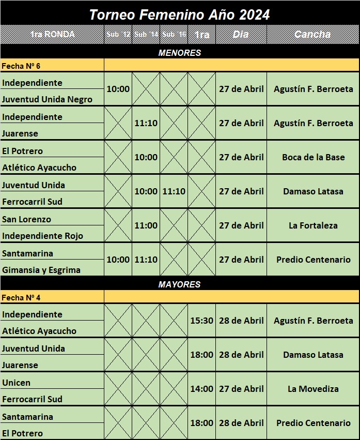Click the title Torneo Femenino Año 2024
click(179, 15)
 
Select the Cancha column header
click(312, 35)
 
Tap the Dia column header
click(241, 35)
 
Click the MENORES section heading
click(179, 53)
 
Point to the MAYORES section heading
click(179, 284)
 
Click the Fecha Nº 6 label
click(21, 66)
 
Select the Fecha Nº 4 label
click(21, 297)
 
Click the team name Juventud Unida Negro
click(47, 99)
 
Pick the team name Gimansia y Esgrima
click(41, 270)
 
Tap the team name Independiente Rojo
click(42, 236)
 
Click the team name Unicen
click(17, 383)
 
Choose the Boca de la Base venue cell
click(313, 157)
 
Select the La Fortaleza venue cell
click(313, 225)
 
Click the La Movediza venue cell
click(313, 389)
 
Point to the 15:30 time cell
click(201, 321)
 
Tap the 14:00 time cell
click(201, 389)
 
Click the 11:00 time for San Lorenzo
click(146, 225)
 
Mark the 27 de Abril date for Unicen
click(241, 389)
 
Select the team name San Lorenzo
click(26, 219)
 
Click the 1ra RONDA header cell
click(52, 35)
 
